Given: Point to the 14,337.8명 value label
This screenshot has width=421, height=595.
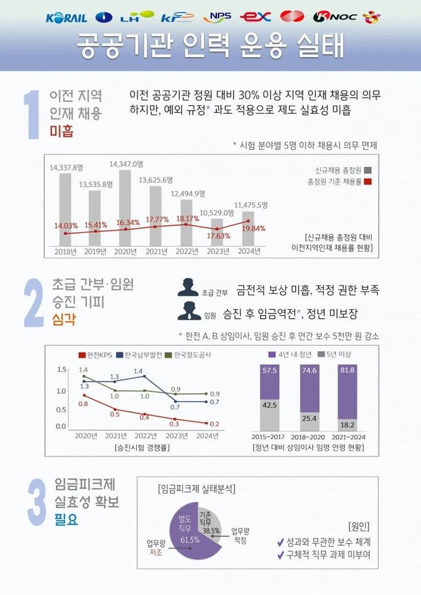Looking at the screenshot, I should point(66,168).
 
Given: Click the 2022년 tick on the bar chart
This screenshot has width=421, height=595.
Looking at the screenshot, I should point(187,250).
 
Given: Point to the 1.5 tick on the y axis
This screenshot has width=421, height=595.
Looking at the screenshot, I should point(62,369).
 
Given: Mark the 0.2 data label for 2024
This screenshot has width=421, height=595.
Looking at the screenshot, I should point(214,424).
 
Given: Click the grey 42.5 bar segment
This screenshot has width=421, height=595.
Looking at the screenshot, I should point(270,415).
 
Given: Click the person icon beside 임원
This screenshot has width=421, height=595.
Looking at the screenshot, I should point(189,312).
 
